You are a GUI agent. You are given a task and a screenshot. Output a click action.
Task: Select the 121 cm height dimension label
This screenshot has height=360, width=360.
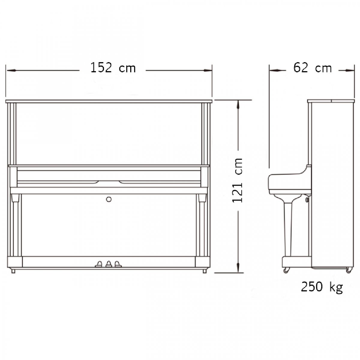[x=237, y=181]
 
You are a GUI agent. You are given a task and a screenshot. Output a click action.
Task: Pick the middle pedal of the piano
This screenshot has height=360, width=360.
[x=109, y=264]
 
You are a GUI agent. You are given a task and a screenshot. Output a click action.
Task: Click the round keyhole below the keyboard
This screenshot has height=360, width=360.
[x=109, y=199]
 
